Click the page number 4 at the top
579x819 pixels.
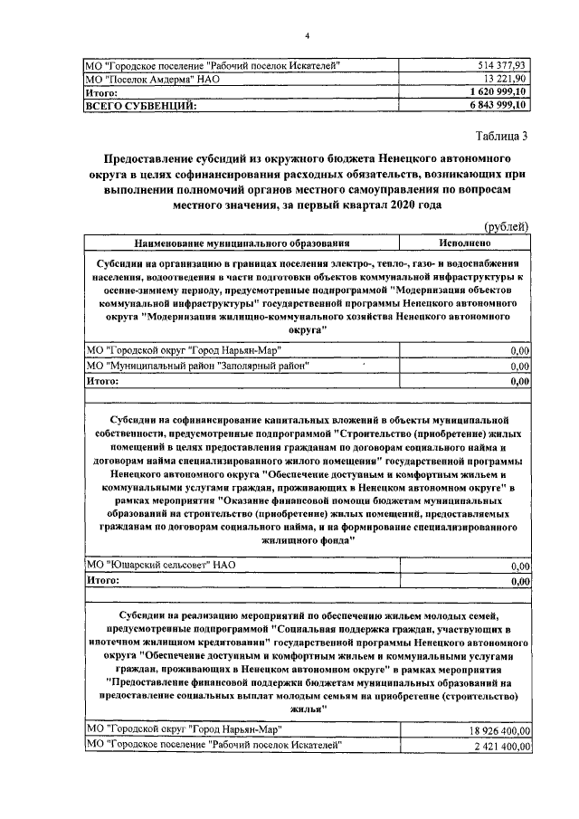[307, 34]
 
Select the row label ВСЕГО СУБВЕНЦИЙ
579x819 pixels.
[140, 106]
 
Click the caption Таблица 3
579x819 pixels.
[496, 137]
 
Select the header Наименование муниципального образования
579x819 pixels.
[242, 243]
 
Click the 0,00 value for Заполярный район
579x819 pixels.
[519, 367]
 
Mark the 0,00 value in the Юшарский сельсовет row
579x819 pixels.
[519, 566]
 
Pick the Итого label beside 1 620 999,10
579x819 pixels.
[102, 92]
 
